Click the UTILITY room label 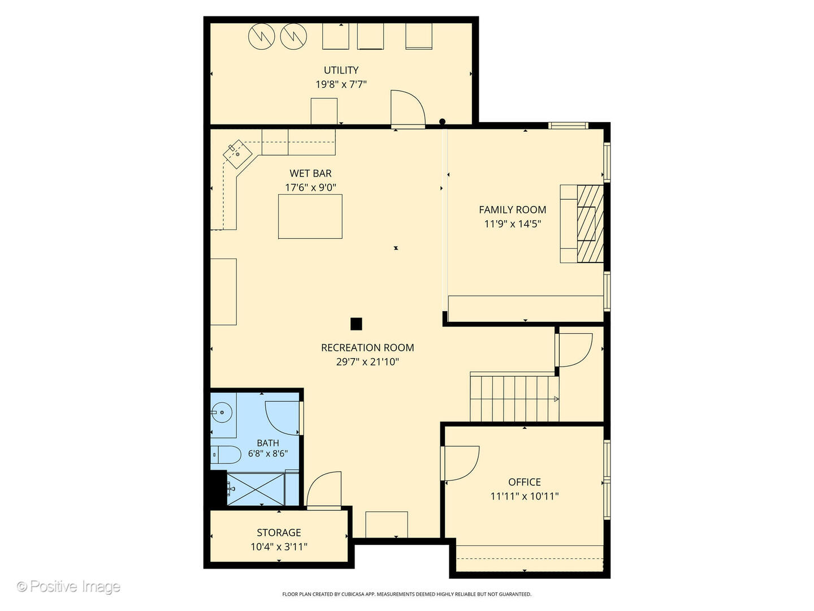(x=341, y=70)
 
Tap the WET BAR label (x=310, y=174)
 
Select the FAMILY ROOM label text (x=512, y=210)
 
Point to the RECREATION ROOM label (x=367, y=348)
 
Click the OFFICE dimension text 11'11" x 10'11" (x=525, y=496)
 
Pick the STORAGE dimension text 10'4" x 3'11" (x=279, y=547)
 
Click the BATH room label (x=268, y=443)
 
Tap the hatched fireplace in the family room (x=590, y=223)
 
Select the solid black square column (x=356, y=324)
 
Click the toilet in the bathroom (x=226, y=455)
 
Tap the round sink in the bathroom (x=222, y=412)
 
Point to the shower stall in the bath (x=256, y=489)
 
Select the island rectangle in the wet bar (x=310, y=216)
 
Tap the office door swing (x=460, y=463)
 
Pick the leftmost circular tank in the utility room (x=262, y=36)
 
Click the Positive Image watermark (x=68, y=587)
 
